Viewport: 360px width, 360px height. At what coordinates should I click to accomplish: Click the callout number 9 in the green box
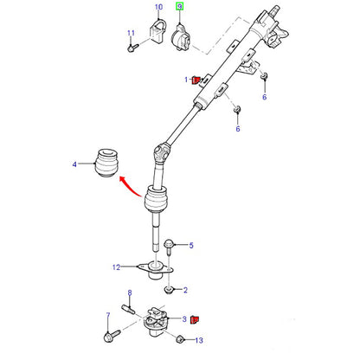(180, 6)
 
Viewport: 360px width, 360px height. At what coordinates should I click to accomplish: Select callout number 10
(158, 7)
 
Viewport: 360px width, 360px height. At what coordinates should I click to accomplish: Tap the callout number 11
(131, 33)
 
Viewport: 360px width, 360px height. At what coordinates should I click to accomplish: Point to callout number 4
(74, 164)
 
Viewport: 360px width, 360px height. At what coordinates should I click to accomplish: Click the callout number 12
(116, 267)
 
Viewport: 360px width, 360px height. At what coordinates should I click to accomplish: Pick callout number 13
(199, 341)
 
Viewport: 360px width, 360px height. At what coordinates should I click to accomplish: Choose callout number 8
(130, 293)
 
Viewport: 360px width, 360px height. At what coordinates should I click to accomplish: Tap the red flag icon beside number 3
(195, 319)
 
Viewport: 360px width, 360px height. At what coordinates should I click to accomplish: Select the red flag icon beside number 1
(196, 80)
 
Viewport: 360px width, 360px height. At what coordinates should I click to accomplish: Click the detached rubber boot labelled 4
(106, 163)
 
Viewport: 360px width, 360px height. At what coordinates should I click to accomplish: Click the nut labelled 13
(180, 339)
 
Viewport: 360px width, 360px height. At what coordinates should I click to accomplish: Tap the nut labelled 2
(169, 289)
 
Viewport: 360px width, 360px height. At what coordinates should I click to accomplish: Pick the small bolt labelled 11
(132, 48)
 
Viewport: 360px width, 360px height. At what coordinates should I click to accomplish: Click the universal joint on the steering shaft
(161, 151)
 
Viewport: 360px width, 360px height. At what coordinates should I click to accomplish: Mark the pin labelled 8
(128, 309)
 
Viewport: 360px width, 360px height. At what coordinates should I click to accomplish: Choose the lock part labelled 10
(157, 31)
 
